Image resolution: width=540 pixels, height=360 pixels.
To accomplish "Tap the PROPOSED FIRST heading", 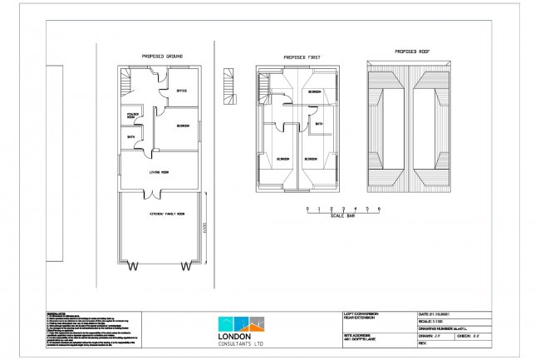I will (x=302, y=58).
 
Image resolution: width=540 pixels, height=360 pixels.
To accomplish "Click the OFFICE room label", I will (x=181, y=91).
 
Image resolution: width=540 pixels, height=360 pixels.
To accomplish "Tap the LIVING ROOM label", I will (x=159, y=173).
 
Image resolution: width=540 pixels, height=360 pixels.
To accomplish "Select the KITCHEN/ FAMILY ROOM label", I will (x=166, y=214).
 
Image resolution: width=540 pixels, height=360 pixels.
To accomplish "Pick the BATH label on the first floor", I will (x=318, y=125).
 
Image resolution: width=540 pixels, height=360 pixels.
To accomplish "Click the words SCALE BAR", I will (x=342, y=216).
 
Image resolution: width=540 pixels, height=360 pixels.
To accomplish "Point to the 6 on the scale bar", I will (x=379, y=206).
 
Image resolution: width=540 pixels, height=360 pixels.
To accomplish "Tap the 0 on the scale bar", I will (x=307, y=206).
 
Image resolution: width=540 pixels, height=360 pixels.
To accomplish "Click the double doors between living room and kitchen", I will (x=151, y=195).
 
